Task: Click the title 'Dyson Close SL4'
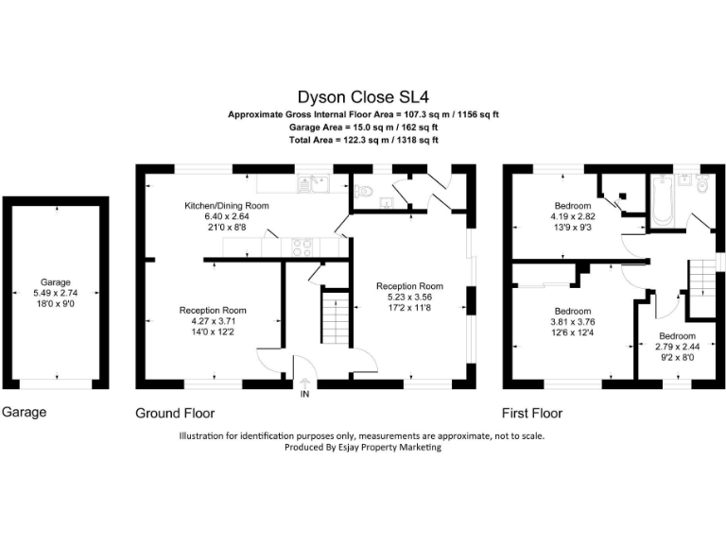[363, 96]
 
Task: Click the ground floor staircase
[332, 321]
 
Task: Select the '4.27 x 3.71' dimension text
[214, 321]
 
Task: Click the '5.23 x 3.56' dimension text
[408, 297]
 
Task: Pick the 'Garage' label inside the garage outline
[55, 281]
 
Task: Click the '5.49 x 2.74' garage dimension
[55, 293]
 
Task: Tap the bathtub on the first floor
[663, 202]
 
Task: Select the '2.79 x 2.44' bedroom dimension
[677, 347]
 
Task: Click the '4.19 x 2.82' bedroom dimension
[573, 216]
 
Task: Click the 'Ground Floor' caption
[175, 413]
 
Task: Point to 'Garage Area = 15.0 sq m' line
[363, 127]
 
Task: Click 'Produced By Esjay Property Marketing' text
[363, 448]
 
